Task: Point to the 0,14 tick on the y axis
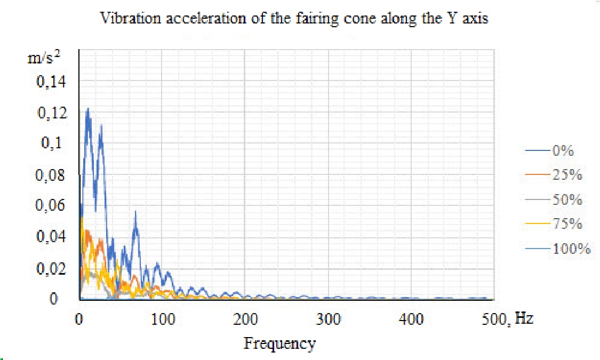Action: (x=52, y=82)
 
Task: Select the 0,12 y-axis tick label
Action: (x=52, y=113)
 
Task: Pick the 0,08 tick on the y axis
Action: (x=52, y=175)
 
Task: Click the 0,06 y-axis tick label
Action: (x=52, y=206)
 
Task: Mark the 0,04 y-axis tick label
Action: (x=52, y=237)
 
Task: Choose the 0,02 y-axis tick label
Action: (x=52, y=268)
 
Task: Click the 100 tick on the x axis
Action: (x=163, y=319)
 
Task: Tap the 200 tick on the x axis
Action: (x=246, y=319)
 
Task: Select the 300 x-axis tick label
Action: (x=329, y=319)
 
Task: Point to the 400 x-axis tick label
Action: (x=411, y=319)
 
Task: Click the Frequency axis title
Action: (x=279, y=343)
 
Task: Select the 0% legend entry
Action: (x=563, y=151)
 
